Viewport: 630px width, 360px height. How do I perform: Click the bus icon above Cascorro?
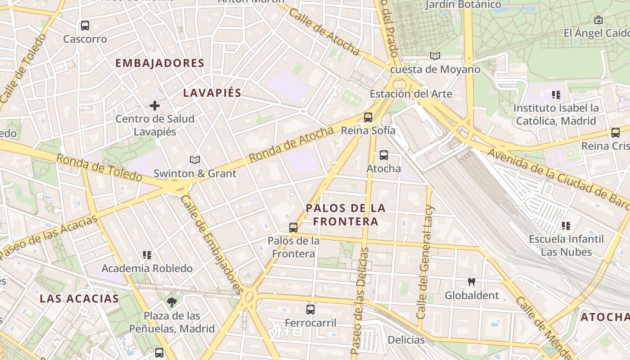pos(85,26)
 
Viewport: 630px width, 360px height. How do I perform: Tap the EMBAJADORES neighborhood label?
pos(160,63)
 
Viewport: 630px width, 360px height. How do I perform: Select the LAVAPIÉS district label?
pos(212,93)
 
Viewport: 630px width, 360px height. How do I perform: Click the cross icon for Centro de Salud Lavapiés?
pos(155,106)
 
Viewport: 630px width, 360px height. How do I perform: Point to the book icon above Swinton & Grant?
pos(195,160)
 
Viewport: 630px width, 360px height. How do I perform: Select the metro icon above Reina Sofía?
pos(368,117)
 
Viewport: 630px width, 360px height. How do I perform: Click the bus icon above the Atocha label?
pos(384,155)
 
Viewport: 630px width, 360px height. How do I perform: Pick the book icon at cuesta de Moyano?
pos(435,56)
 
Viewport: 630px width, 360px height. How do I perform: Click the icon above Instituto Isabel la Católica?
pos(556,95)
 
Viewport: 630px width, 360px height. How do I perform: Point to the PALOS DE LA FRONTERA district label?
pos(346,215)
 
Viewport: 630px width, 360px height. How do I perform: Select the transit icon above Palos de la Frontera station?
pos(293,228)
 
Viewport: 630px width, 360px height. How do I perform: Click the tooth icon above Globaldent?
pos(472,282)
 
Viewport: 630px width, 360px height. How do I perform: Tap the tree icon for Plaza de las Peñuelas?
pos(171,302)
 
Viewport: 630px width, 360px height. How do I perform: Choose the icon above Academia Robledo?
pos(147,255)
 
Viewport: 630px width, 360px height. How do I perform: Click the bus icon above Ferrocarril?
pos(310,310)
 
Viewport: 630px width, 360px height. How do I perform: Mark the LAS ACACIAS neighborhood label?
pos(79,298)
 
